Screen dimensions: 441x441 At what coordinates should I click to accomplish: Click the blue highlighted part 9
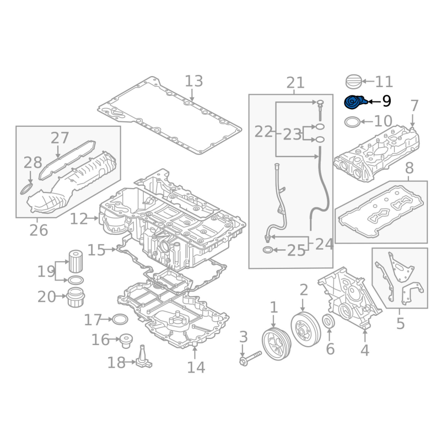[356, 103]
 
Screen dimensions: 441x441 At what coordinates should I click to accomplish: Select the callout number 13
[194, 81]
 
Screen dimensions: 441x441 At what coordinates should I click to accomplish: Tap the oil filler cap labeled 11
[353, 82]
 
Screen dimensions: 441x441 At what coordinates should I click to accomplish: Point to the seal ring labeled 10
[352, 122]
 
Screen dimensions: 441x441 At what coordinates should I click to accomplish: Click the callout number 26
[39, 230]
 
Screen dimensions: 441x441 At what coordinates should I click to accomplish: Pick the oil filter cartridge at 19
[76, 261]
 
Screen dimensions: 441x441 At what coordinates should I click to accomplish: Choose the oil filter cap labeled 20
[76, 297]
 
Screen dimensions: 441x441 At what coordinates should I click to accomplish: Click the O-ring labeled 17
[120, 319]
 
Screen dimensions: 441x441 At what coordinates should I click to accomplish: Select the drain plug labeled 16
[126, 341]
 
